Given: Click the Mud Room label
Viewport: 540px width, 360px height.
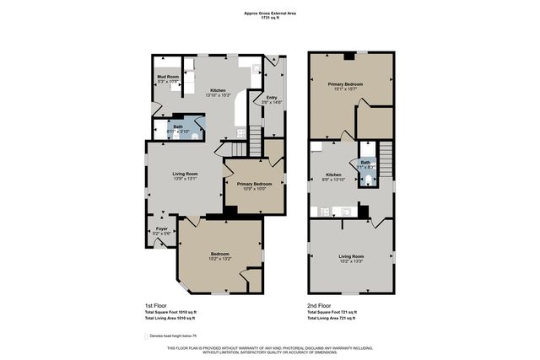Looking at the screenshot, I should tap(168, 79).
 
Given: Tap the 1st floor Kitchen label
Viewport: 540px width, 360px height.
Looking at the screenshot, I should tap(218, 93).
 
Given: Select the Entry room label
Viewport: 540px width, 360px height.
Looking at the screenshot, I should tap(272, 99).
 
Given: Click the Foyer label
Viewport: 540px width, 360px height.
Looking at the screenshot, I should tap(160, 229).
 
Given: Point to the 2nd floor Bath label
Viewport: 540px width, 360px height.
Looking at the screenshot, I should tap(365, 164).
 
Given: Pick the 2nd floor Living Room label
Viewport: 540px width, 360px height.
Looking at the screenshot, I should tap(351, 258).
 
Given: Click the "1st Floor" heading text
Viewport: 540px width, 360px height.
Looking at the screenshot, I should tap(155, 305).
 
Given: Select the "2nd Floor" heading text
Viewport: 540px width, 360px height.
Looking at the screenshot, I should tap(318, 305).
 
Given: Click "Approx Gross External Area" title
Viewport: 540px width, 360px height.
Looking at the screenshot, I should tap(269, 13).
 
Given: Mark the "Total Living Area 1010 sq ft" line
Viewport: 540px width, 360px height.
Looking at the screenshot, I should tap(170, 319).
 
